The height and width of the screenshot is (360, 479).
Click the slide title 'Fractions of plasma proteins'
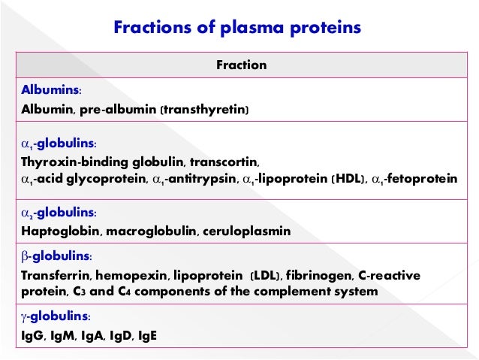237,28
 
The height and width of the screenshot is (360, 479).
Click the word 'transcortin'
224,162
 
